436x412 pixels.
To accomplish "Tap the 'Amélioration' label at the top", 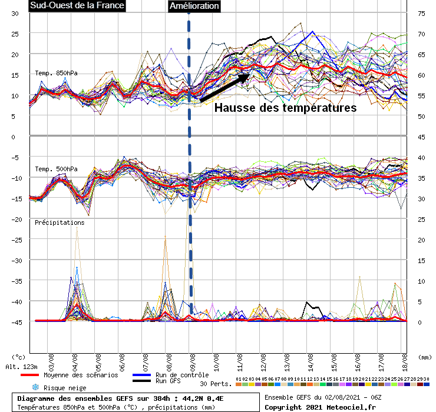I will [194, 6].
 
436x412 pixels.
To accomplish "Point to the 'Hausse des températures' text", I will [285, 108].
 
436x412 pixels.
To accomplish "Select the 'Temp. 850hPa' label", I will [56, 73].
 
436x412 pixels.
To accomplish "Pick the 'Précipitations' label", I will [59, 222].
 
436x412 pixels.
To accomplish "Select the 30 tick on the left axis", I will [15, 13].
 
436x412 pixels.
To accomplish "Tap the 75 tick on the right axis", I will [421, 13].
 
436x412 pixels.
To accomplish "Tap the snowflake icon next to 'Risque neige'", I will [35, 388].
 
